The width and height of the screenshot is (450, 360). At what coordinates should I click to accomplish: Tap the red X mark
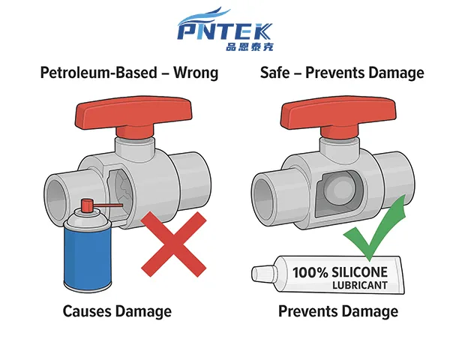[174, 243]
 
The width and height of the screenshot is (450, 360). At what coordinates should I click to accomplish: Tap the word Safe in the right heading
[275, 73]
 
